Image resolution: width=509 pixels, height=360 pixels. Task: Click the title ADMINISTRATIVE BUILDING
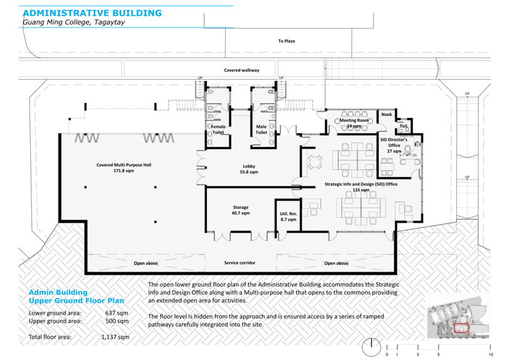pyautogui.click(x=92, y=13)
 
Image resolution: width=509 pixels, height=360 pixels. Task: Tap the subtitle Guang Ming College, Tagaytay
pyautogui.click(x=74, y=23)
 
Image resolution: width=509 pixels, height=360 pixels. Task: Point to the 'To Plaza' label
pyautogui.click(x=286, y=41)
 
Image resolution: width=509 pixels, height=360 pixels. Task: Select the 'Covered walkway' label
pyautogui.click(x=241, y=70)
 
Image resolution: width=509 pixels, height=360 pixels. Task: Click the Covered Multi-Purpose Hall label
pyautogui.click(x=123, y=167)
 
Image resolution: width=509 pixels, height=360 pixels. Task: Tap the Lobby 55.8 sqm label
pyautogui.click(x=249, y=169)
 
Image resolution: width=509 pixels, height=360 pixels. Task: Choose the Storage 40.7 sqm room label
pyautogui.click(x=241, y=210)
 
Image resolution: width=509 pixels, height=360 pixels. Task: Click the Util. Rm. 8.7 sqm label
pyautogui.click(x=288, y=217)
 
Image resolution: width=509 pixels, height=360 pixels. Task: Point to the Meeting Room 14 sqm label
pyautogui.click(x=354, y=123)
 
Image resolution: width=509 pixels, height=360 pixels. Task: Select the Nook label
pyautogui.click(x=386, y=114)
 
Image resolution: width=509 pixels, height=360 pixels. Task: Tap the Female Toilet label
pyautogui.click(x=219, y=129)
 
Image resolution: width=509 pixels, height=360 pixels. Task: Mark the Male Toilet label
pyautogui.click(x=261, y=129)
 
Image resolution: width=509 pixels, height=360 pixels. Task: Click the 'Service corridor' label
pyautogui.click(x=239, y=263)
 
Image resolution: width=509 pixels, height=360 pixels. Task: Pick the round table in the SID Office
pyautogui.click(x=315, y=161)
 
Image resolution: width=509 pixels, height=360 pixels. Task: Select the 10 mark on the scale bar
pyautogui.click(x=491, y=354)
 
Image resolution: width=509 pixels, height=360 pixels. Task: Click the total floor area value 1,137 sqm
pyautogui.click(x=115, y=337)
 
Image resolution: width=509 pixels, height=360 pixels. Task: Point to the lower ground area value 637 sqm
pyautogui.click(x=117, y=313)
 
